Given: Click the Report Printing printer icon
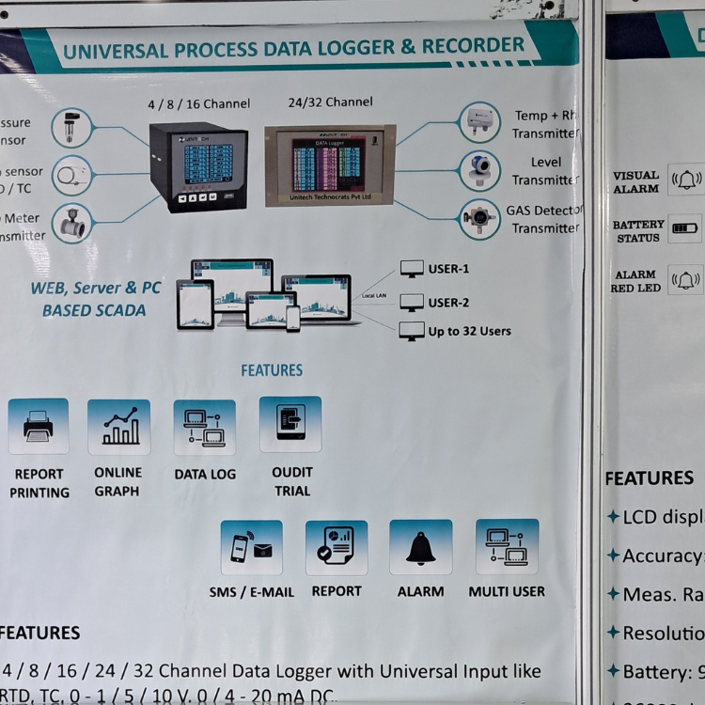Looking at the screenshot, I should click(39, 426).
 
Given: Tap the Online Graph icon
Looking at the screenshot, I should click(118, 427).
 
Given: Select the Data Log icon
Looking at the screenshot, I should click(204, 427).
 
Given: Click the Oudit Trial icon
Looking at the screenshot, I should click(290, 424).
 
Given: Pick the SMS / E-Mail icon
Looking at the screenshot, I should click(251, 547).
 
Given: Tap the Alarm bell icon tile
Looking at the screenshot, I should click(420, 547).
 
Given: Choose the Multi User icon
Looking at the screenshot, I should click(507, 546).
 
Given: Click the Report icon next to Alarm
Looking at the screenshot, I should click(336, 547).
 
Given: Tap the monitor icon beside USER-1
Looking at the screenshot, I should click(412, 269).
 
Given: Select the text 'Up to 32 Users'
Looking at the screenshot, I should click(469, 331).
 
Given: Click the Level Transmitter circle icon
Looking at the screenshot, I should click(479, 170).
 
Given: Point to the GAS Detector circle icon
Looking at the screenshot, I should click(479, 219).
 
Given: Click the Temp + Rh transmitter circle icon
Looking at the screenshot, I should click(479, 122).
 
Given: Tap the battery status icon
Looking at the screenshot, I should click(685, 228).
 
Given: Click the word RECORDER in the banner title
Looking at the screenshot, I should click(473, 45).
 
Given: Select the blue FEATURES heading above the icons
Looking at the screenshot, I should click(272, 370).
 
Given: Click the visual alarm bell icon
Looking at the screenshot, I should click(686, 180).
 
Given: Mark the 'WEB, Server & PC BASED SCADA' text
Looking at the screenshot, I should click(95, 299).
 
